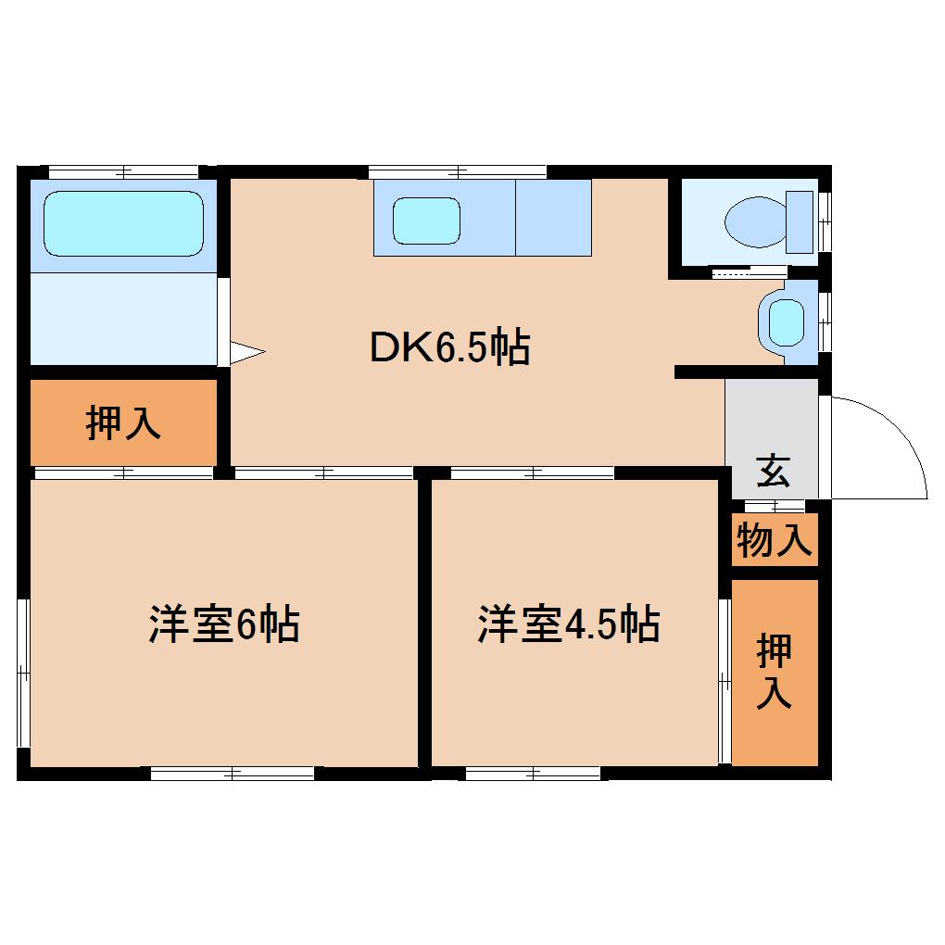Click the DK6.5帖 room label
point(449,347)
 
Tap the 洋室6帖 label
point(223,625)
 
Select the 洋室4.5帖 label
point(568,625)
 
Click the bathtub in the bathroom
point(123,223)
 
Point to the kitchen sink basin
point(426,220)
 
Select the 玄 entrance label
point(773,471)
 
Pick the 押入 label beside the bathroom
point(123,423)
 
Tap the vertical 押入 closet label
point(774,672)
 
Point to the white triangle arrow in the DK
point(246,352)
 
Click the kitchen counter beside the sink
point(553,218)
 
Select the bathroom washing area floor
point(123,319)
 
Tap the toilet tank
point(800,222)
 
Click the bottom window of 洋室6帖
point(233,774)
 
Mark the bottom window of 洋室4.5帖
point(533,774)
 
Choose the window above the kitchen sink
point(457,171)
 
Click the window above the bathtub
point(123,171)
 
